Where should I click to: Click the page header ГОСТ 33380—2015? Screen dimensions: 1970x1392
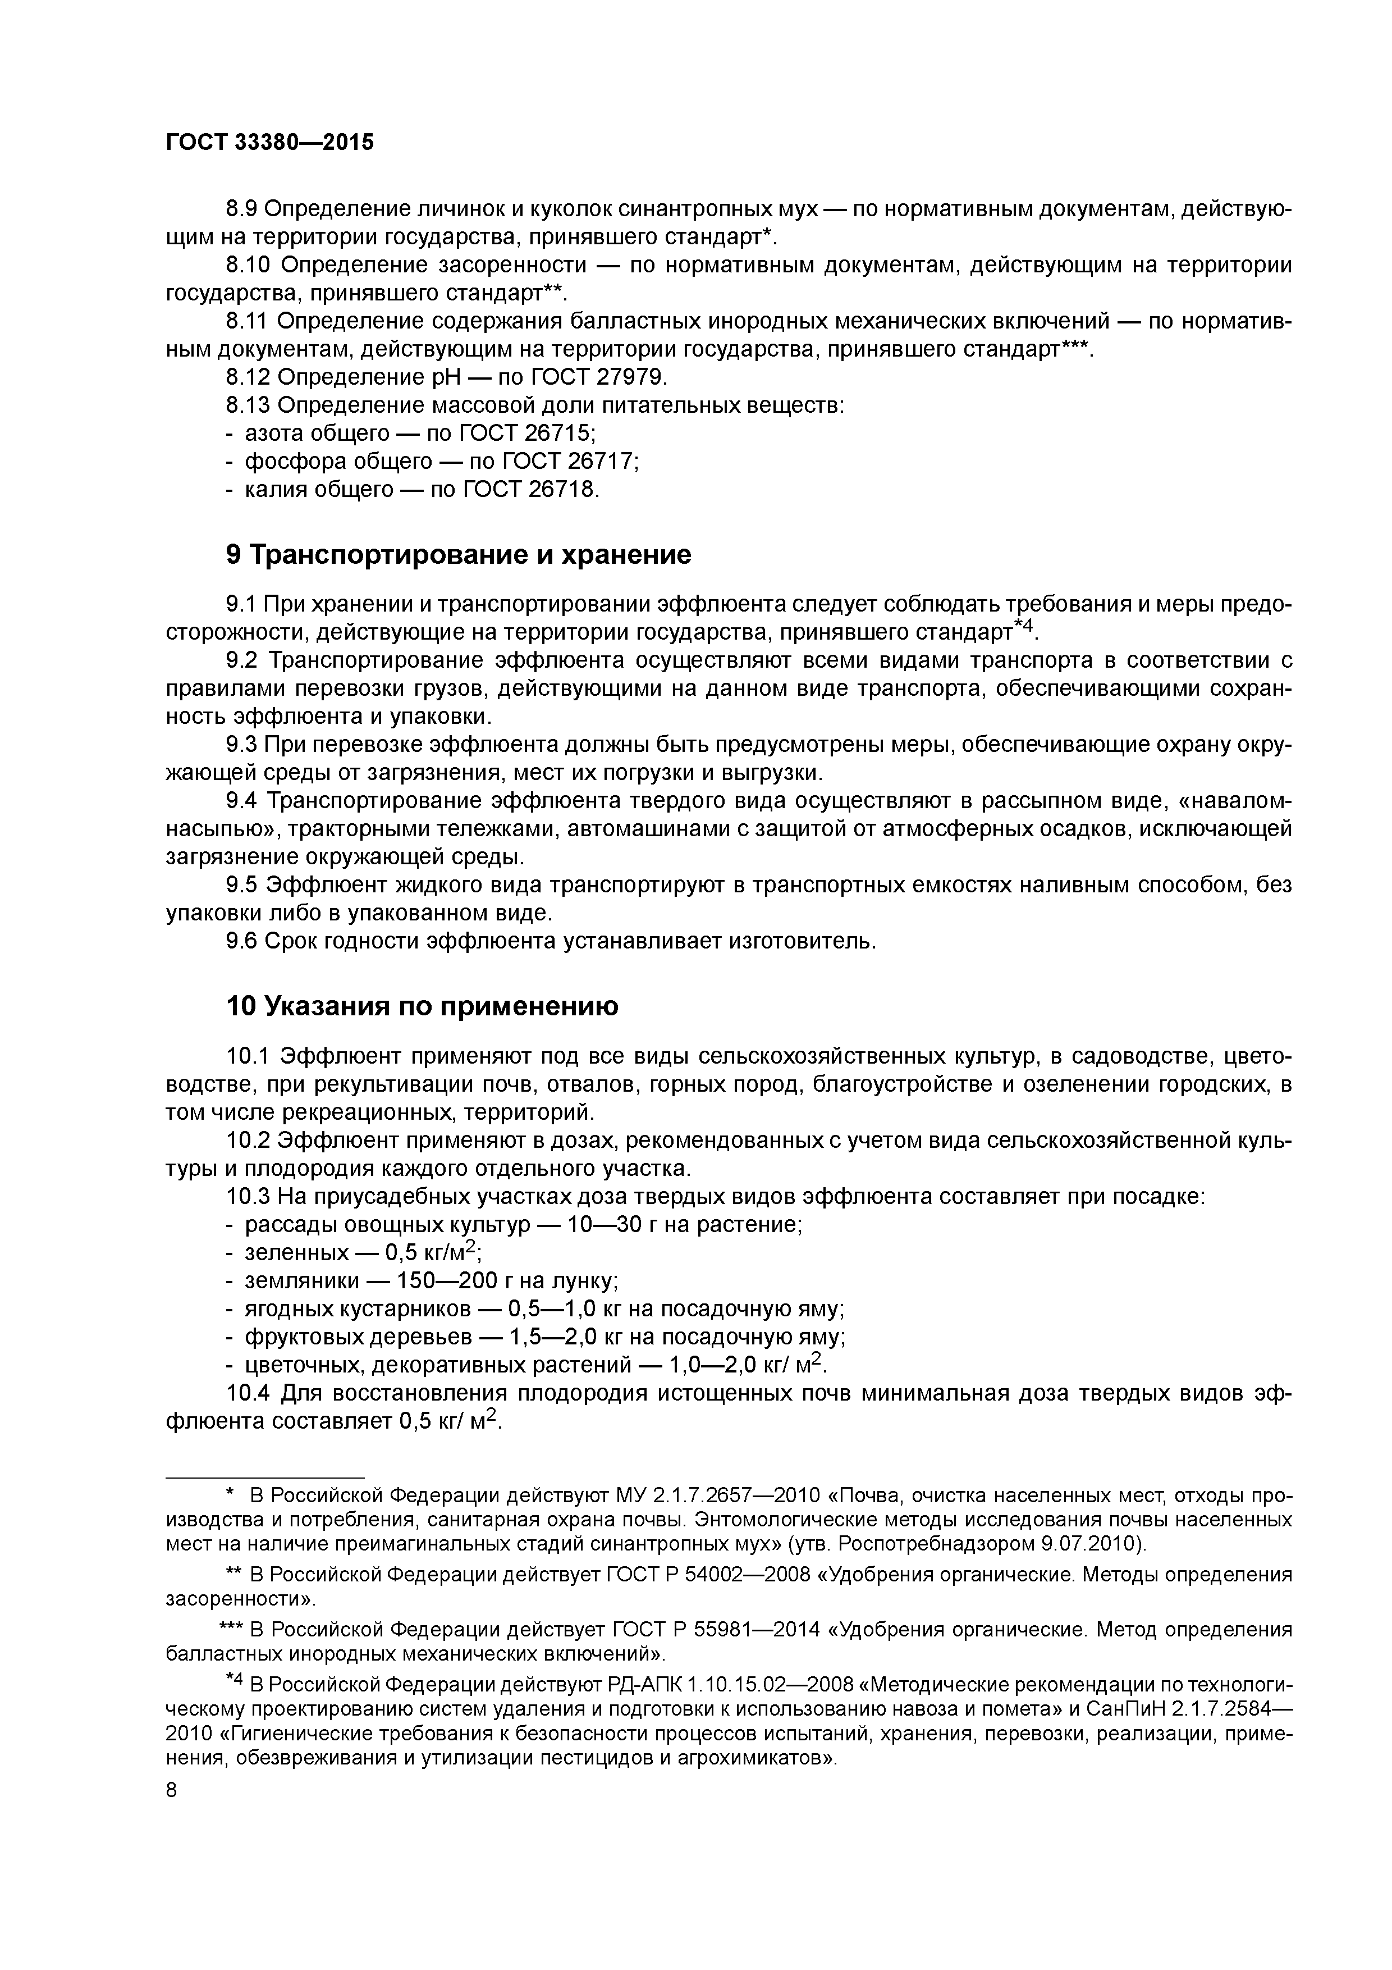click(269, 143)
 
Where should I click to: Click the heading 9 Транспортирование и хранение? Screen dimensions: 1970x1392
click(458, 555)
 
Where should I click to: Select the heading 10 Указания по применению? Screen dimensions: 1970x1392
click(422, 1006)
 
